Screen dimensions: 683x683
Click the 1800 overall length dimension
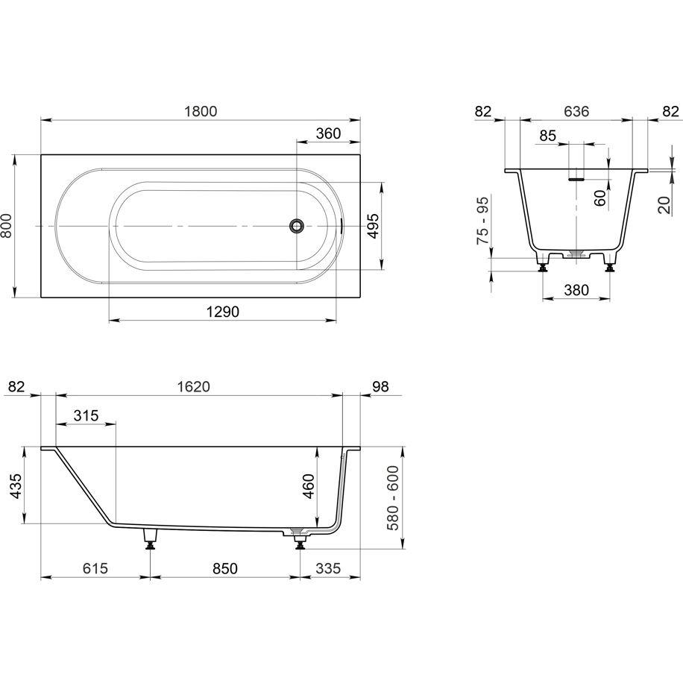click(201, 112)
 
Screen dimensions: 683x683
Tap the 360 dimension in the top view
click(328, 133)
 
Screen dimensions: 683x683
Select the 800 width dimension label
click(7, 226)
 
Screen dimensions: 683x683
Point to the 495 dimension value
click(374, 226)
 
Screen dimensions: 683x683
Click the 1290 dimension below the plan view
click(223, 312)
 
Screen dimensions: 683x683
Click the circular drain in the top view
click(297, 226)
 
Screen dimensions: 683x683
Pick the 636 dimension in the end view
click(576, 112)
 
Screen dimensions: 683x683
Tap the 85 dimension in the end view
click(547, 136)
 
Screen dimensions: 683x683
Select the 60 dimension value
click(600, 198)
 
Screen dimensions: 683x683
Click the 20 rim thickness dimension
click(664, 205)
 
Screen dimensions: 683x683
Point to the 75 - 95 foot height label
click(483, 220)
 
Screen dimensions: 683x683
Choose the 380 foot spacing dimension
click(576, 289)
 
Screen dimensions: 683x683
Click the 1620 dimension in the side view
click(194, 386)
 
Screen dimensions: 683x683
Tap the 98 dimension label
click(380, 386)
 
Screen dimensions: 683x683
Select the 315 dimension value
click(86, 415)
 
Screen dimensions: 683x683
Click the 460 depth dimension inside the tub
click(309, 486)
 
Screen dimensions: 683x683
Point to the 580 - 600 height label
click(393, 498)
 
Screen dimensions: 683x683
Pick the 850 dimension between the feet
click(225, 568)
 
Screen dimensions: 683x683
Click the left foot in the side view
click(151, 539)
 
